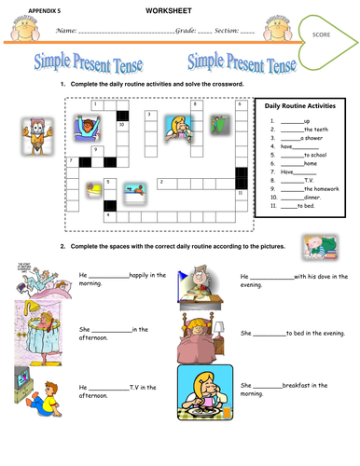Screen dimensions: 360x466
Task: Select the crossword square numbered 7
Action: point(72,162)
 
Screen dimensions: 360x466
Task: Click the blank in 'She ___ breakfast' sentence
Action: point(267,385)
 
